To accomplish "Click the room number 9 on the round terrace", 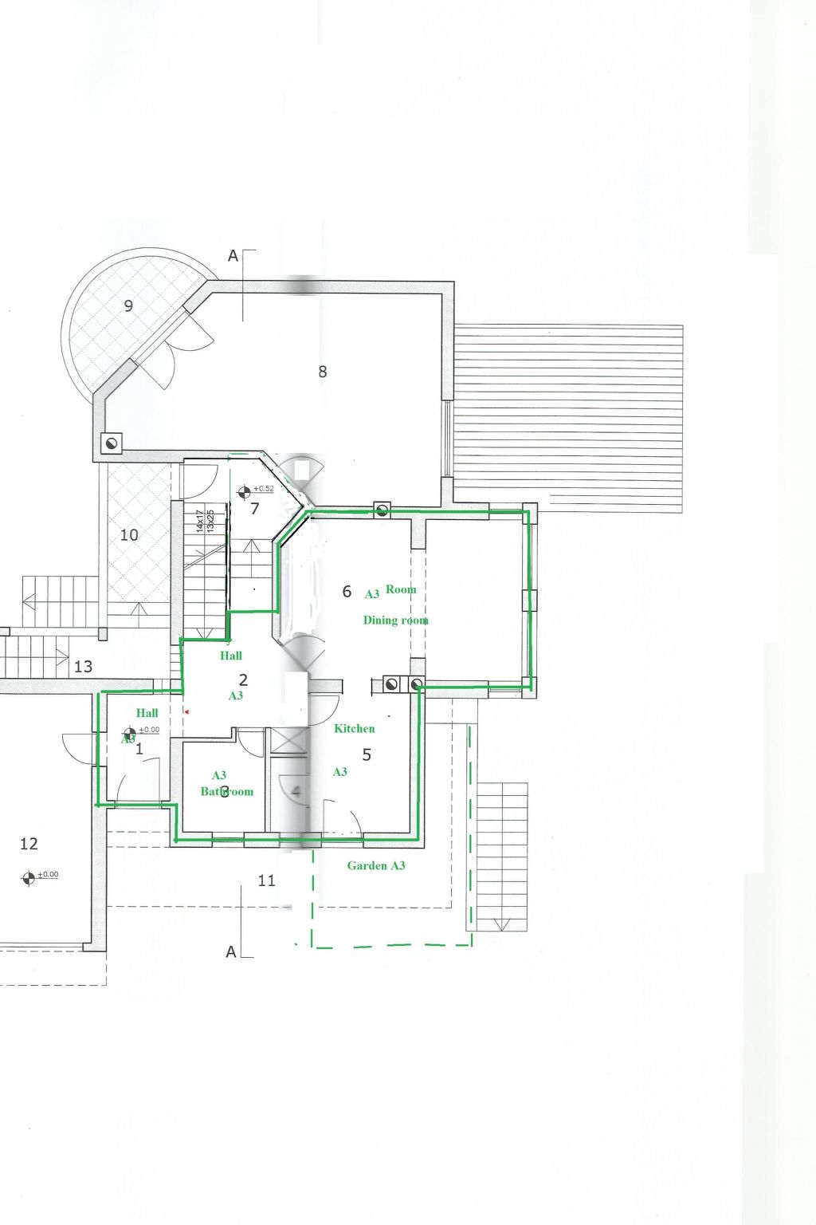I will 128,305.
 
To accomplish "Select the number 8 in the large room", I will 323,372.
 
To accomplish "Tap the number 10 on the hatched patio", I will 129,535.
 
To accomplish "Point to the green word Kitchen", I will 354,728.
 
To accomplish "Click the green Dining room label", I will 395,620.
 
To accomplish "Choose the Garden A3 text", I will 375,865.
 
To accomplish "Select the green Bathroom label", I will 226,791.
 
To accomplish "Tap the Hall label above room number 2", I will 231,656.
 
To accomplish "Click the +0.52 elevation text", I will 264,489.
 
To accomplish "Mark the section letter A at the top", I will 233,256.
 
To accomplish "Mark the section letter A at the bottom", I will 231,951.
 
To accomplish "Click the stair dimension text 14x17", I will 200,522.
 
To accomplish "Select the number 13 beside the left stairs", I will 83,667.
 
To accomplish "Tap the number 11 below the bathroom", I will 267,880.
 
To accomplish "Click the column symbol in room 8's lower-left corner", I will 111,443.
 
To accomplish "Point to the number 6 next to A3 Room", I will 347,592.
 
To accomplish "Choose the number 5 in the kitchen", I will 367,754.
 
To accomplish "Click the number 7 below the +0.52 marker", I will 255,509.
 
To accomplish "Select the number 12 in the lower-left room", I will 29,844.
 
